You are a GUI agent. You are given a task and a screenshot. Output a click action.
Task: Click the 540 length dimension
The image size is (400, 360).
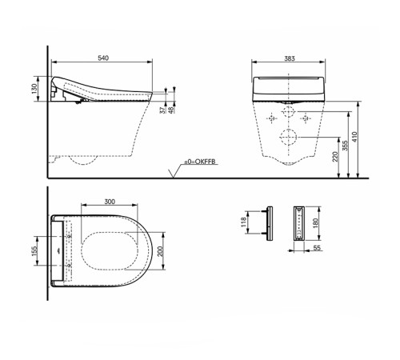[102, 58]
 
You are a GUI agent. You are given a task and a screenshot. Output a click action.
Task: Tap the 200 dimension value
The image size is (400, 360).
[164, 250]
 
